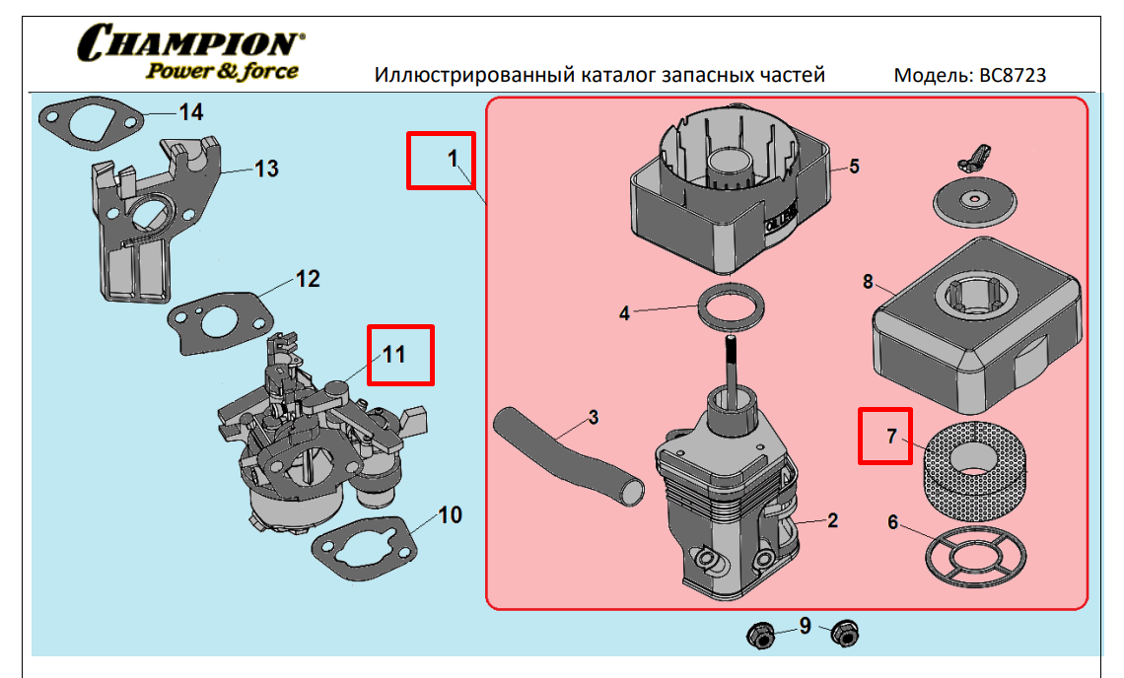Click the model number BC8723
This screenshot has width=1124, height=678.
point(1011,75)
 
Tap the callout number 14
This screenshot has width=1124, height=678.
point(190,111)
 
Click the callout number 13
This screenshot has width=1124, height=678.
point(266,169)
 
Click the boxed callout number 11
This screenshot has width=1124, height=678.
point(399,354)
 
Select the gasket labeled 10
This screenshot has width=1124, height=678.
point(335,557)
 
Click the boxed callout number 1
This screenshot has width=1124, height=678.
point(442,161)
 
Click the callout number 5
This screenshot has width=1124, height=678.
point(854,167)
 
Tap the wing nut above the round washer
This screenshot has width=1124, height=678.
point(971,155)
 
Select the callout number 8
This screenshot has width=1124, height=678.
point(868,282)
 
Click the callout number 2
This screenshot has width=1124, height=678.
point(832,520)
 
